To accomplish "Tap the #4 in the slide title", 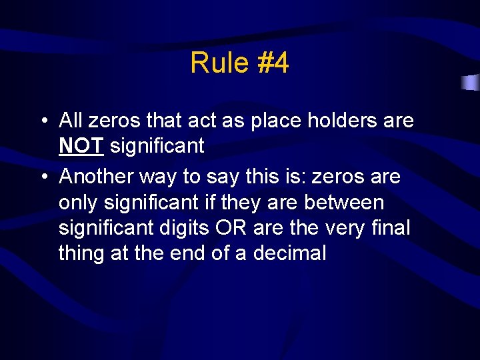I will coord(272,63).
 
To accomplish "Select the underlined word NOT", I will coord(81,145).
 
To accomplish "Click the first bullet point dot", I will coord(42,121).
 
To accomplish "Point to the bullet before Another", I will coord(42,177).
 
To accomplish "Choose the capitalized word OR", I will coord(229,227).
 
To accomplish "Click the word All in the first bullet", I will coord(70,121).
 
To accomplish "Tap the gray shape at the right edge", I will coord(471,83).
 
